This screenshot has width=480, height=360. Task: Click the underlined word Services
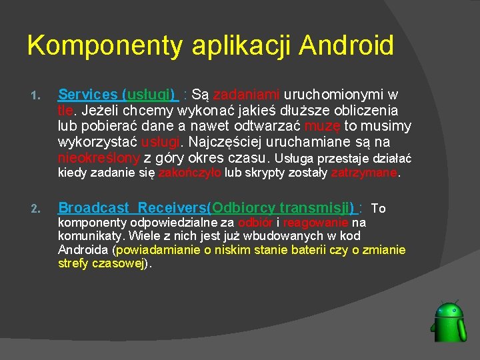tap(88, 95)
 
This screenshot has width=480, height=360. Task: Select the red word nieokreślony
tap(99, 158)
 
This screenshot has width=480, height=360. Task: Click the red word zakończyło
tap(190, 173)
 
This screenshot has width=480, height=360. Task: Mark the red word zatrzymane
tap(364, 173)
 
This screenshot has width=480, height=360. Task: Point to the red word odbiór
tap(255, 223)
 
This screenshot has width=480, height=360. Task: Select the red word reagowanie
tap(315, 223)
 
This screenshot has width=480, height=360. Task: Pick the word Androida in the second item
tap(85, 250)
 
